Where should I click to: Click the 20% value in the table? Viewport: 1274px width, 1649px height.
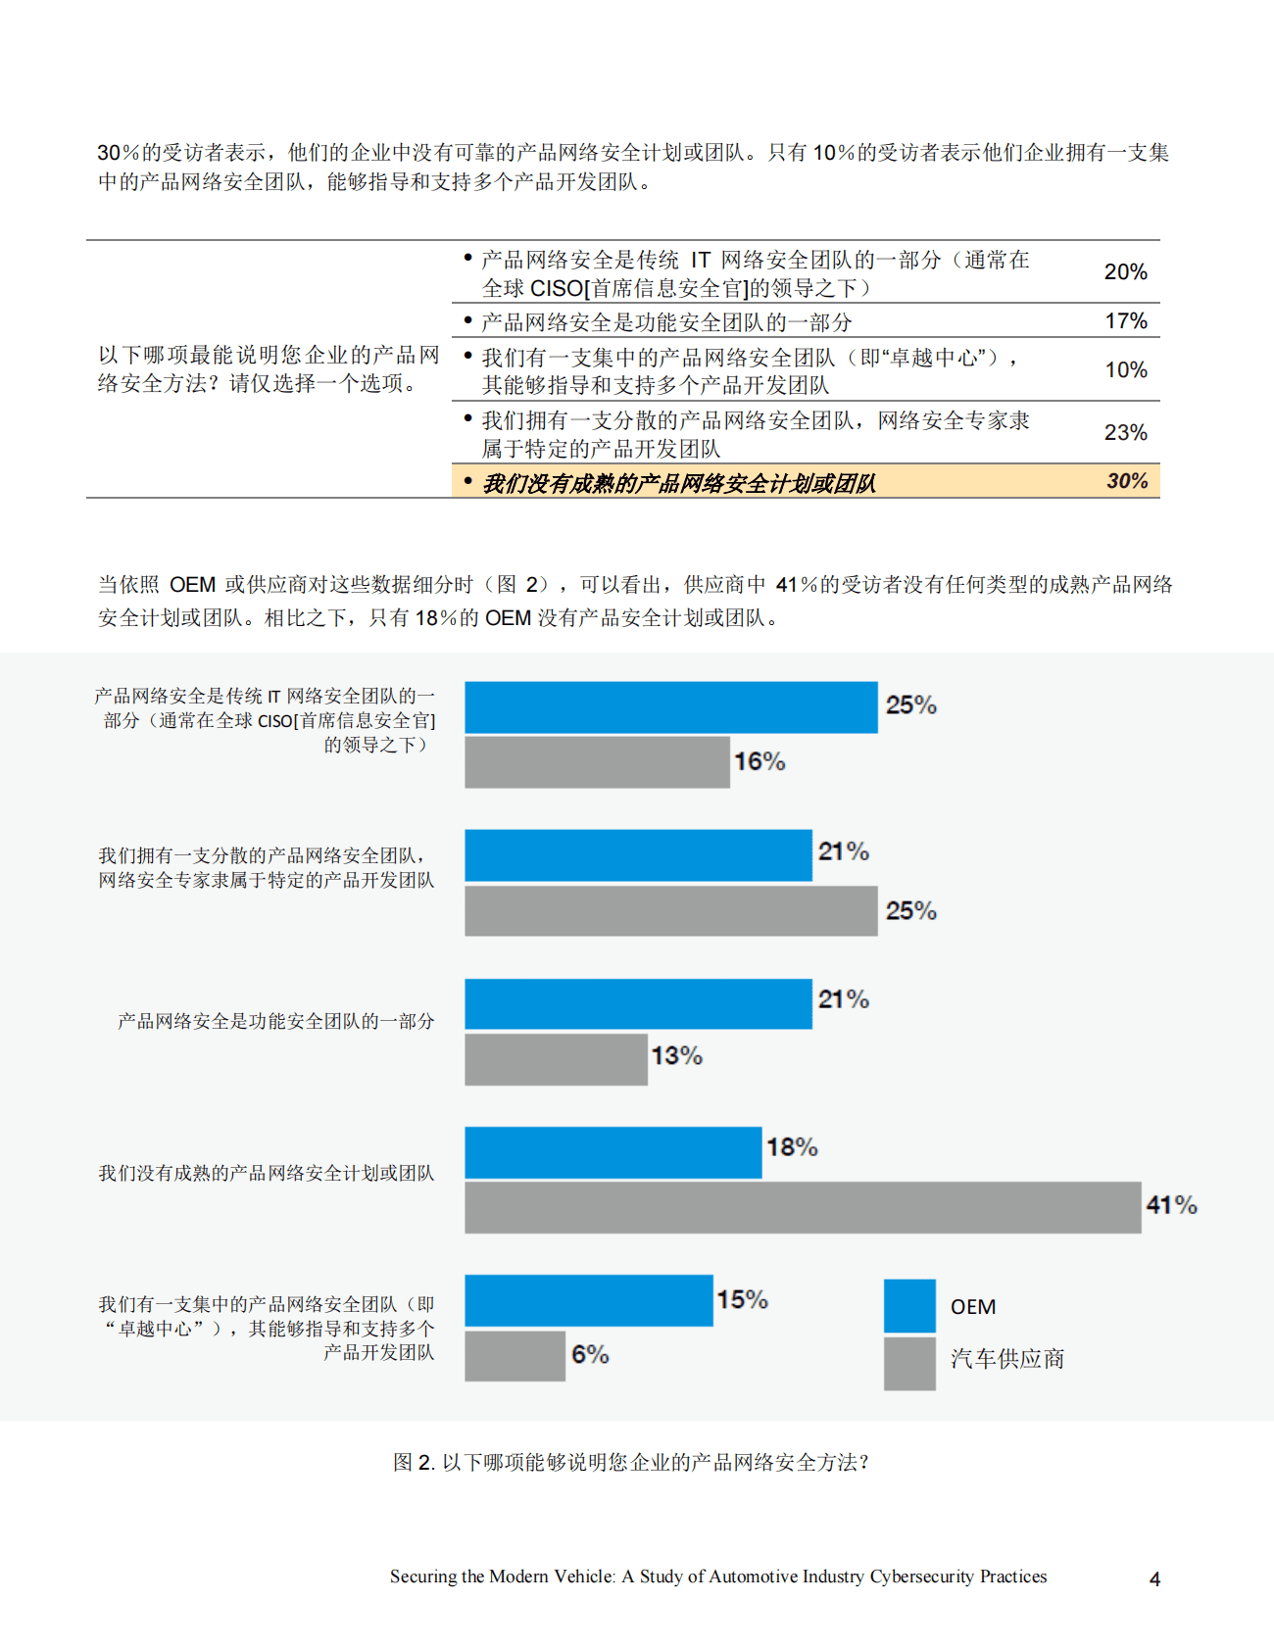click(1125, 272)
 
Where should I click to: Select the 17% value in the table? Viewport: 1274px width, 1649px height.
click(1125, 321)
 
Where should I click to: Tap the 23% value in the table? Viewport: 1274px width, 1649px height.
click(1125, 433)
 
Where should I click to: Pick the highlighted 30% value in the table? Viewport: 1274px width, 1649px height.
click(1127, 481)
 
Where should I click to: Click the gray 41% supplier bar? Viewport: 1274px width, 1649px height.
click(803, 1207)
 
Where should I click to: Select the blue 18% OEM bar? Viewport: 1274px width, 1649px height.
click(612, 1152)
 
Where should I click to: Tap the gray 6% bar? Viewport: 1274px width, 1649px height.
click(514, 1356)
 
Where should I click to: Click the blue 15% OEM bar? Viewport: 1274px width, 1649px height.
click(588, 1300)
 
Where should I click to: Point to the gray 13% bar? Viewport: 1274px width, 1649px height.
click(556, 1059)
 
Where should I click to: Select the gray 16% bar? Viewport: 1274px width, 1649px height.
click(597, 762)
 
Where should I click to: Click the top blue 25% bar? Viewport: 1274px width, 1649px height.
click(670, 707)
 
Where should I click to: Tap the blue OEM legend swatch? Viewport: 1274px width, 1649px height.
click(909, 1306)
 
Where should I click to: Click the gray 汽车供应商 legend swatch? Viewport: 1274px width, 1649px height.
click(909, 1364)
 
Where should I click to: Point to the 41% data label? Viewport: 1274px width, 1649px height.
click(1171, 1205)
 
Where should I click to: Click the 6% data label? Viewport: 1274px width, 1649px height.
click(590, 1355)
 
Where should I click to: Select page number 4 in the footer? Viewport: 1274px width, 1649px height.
click(1154, 1579)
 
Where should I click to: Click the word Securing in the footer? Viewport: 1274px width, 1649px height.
click(422, 1576)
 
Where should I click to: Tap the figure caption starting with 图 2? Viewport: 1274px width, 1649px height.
click(630, 1463)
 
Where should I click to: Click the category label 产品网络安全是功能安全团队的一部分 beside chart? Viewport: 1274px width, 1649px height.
click(275, 1021)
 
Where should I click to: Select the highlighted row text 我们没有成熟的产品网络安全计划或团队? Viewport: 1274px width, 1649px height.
click(678, 483)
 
